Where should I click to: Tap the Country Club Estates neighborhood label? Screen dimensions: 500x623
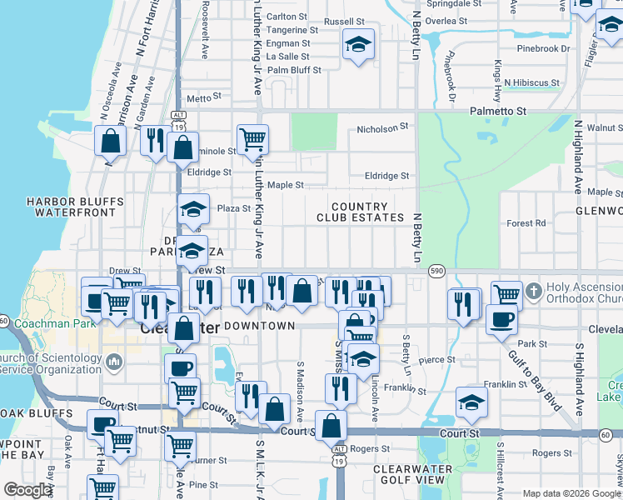tap(360, 212)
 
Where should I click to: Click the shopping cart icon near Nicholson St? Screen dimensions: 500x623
tap(252, 139)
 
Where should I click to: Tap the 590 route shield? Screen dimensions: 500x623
tap(436, 271)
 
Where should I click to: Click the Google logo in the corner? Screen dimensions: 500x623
tap(28, 490)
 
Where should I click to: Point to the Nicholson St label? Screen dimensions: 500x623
tap(385, 128)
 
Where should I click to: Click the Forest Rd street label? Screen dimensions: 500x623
tap(526, 223)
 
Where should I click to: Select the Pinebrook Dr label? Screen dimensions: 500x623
tap(542, 48)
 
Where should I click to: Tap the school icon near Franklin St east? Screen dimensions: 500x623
tap(471, 403)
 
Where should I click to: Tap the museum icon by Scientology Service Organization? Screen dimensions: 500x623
tap(114, 362)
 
